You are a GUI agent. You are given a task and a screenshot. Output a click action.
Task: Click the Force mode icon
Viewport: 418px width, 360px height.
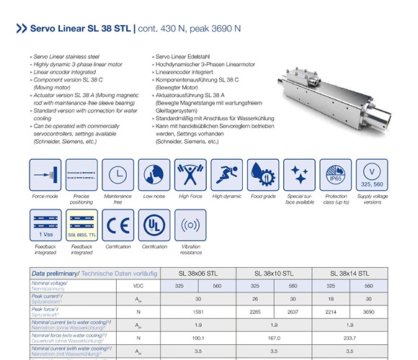click(x=45, y=174)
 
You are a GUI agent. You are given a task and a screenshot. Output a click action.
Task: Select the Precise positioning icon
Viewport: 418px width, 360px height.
click(x=81, y=174)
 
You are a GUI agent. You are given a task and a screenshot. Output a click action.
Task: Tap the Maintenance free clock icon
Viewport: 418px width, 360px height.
click(x=117, y=174)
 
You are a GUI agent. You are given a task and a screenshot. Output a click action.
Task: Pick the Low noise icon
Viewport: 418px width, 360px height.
click(x=154, y=174)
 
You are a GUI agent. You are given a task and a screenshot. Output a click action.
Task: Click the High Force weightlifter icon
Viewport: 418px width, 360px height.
click(x=190, y=174)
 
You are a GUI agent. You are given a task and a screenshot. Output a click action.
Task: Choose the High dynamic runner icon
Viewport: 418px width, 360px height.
click(x=227, y=174)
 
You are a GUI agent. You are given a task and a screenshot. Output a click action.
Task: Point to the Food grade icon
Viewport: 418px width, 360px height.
click(x=263, y=174)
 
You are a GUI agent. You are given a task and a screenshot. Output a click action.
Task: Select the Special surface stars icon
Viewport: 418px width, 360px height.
click(x=299, y=174)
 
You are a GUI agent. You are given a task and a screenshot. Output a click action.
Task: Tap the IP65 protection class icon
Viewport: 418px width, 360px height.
click(x=335, y=174)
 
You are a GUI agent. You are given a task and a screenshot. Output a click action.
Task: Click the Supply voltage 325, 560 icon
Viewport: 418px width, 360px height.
click(x=372, y=174)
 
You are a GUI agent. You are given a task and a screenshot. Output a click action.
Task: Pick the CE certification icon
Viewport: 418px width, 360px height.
click(x=117, y=225)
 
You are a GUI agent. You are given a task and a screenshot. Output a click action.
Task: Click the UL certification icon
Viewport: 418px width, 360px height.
click(x=154, y=225)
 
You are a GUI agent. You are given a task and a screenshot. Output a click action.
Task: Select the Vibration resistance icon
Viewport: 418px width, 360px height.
click(x=190, y=225)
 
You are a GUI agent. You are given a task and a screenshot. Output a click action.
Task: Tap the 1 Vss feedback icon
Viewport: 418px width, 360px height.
click(x=45, y=225)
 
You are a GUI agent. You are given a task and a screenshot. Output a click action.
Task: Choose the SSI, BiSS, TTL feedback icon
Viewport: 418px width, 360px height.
click(x=81, y=225)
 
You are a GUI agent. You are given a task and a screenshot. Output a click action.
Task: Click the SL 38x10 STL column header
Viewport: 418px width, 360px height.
click(x=274, y=274)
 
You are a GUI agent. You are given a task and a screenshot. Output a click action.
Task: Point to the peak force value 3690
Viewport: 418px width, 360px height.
click(x=369, y=312)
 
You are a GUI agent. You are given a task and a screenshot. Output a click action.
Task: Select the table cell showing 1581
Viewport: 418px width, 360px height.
click(x=198, y=312)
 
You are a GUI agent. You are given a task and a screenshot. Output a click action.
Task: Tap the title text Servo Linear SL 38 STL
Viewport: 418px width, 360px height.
click(x=80, y=30)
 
